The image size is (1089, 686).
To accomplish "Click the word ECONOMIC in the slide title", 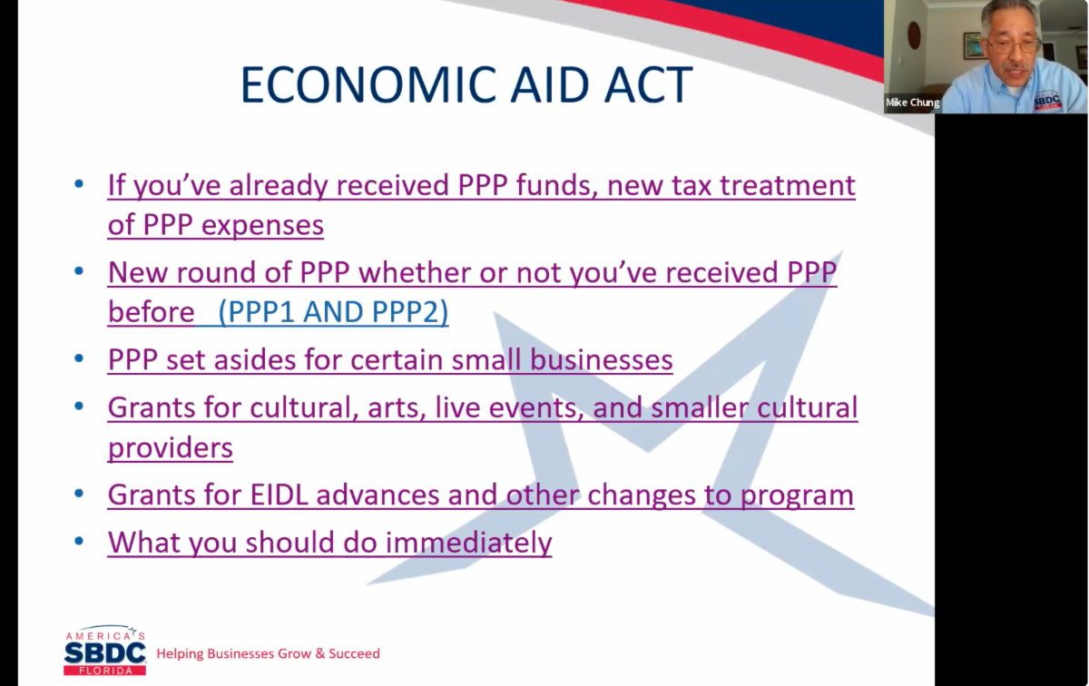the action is tap(368, 84).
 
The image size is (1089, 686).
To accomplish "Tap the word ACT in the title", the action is tap(648, 84).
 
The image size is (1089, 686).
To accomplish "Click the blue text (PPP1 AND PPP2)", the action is tap(334, 311).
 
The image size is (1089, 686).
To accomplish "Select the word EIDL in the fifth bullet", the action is tap(280, 495).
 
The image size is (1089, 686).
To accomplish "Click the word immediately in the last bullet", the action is tap(468, 543).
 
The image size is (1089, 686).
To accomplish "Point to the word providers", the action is tap(171, 448).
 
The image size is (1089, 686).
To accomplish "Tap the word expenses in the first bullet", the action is tap(262, 226).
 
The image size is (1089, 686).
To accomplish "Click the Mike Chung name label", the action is tap(913, 103).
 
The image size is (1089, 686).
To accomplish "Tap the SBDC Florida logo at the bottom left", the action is tap(104, 651).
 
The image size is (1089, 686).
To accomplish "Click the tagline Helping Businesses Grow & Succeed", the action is tap(268, 653).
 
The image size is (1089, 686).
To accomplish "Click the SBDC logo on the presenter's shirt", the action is tap(1047, 100).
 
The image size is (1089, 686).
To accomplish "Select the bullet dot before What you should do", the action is tap(79, 541).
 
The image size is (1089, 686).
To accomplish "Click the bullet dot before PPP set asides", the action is tap(79, 358).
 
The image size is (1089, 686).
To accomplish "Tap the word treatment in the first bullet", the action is tap(788, 185).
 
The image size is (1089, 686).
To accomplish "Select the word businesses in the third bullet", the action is tap(602, 359).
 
